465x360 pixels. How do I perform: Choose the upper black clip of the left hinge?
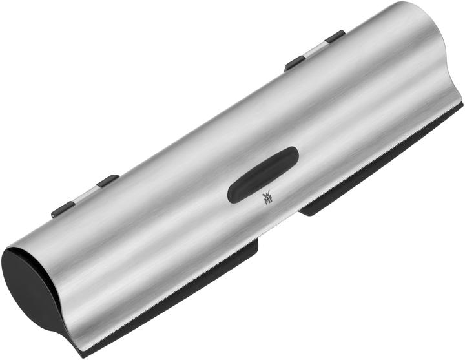(x=107, y=180)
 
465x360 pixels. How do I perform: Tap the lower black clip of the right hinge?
(x=295, y=63)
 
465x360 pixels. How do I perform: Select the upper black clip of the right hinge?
(x=335, y=36)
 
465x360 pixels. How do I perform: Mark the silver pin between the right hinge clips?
(x=315, y=50)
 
